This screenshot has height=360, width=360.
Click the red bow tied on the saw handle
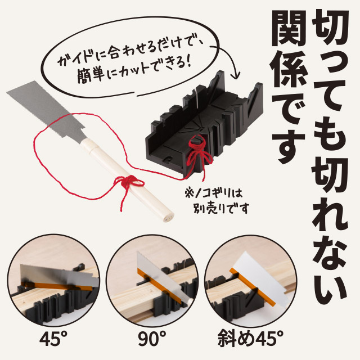[128, 183]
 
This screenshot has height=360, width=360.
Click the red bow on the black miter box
[197, 151]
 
